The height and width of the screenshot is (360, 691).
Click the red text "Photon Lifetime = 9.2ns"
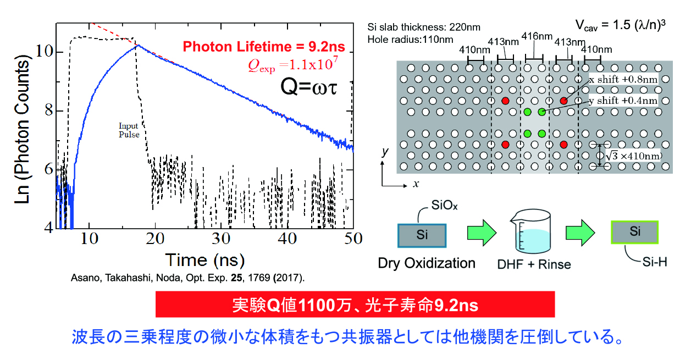click(x=264, y=47)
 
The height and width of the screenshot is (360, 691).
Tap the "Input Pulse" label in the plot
click(x=129, y=130)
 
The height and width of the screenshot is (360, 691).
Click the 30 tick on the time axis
click(x=221, y=238)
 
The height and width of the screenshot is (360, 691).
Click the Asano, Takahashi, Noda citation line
click(x=187, y=277)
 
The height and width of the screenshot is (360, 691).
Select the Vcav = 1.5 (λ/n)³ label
click(x=618, y=24)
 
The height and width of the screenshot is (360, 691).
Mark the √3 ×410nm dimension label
click(x=633, y=156)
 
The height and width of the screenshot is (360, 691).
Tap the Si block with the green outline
click(x=634, y=232)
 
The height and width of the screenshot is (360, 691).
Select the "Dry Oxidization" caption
click(x=427, y=263)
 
